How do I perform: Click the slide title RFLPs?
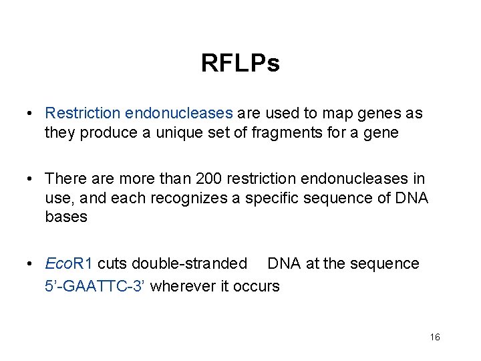(x=240, y=64)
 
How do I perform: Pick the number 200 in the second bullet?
(x=209, y=179)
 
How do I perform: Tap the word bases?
(x=66, y=217)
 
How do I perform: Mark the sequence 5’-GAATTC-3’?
(x=96, y=286)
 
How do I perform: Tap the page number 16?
(x=435, y=338)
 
